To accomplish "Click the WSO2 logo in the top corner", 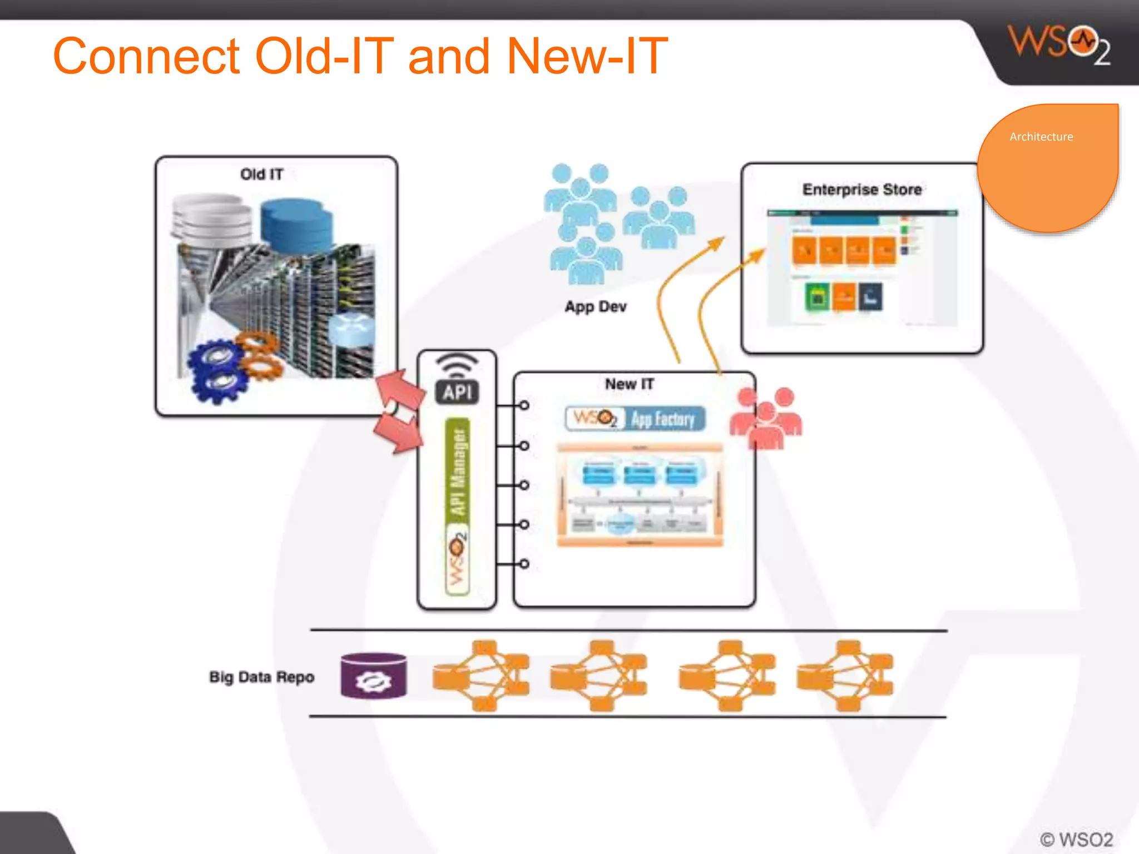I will [1058, 44].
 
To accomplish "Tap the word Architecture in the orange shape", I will [1041, 137].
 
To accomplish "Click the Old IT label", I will [261, 175].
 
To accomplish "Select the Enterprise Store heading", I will [861, 190].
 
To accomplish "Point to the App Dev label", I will [595, 307].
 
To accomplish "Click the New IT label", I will [629, 384].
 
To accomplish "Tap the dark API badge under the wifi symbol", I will [457, 392].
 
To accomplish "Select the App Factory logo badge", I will [635, 419].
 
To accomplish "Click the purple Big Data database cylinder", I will [373, 676].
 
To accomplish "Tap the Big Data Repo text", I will [261, 677].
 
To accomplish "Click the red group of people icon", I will [766, 419].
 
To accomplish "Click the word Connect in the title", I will [146, 56].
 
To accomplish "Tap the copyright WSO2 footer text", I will [1076, 839].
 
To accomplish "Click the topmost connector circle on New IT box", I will [524, 405].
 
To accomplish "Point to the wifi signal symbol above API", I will [457, 364].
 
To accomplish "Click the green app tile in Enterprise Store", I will [817, 297].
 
